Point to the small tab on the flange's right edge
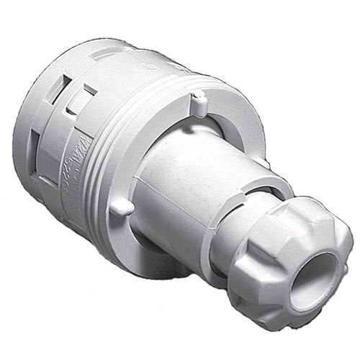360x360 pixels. [x=264, y=163]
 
